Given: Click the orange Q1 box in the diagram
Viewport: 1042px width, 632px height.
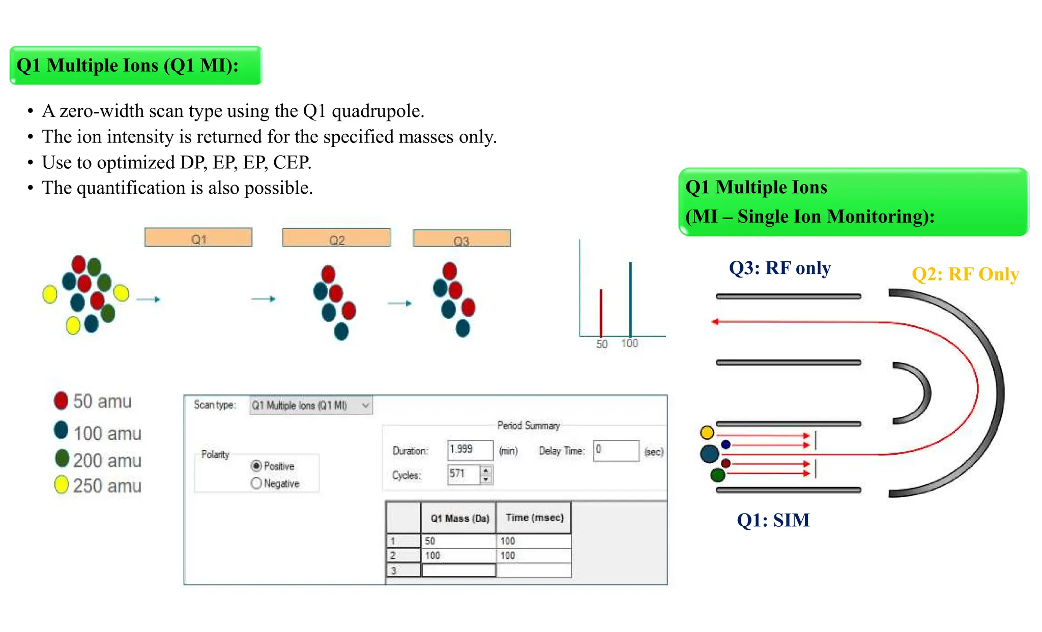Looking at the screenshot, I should [198, 237].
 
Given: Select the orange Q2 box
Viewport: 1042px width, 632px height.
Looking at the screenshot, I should [336, 238].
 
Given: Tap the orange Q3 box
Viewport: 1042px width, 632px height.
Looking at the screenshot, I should [461, 238].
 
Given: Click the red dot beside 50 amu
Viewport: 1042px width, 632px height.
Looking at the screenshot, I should [61, 400].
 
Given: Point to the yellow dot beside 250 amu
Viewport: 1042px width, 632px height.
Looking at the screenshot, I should [62, 485].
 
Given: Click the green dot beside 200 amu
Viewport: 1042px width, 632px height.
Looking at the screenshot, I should [62, 458].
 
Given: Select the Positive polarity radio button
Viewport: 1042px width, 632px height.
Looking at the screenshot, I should [256, 466].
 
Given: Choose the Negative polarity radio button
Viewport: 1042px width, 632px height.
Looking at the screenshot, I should [256, 483].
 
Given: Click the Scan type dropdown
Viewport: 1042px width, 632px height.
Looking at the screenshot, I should [310, 405].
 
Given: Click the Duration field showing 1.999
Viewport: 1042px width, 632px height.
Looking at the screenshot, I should [470, 450].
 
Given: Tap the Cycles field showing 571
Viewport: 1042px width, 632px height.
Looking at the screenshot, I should [463, 474].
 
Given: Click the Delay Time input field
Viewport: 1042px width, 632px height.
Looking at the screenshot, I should [616, 450].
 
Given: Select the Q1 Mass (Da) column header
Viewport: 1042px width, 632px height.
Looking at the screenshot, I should [459, 518].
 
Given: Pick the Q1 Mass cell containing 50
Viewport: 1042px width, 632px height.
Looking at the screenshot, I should [458, 541].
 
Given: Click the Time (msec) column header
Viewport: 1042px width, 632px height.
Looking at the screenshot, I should [534, 518].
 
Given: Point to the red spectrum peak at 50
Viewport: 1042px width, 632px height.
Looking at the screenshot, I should [601, 313].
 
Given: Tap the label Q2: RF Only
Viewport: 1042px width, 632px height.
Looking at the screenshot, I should [965, 274].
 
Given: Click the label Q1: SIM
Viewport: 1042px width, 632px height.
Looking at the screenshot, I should [773, 520].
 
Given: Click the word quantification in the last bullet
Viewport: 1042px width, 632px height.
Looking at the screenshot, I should [131, 188].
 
